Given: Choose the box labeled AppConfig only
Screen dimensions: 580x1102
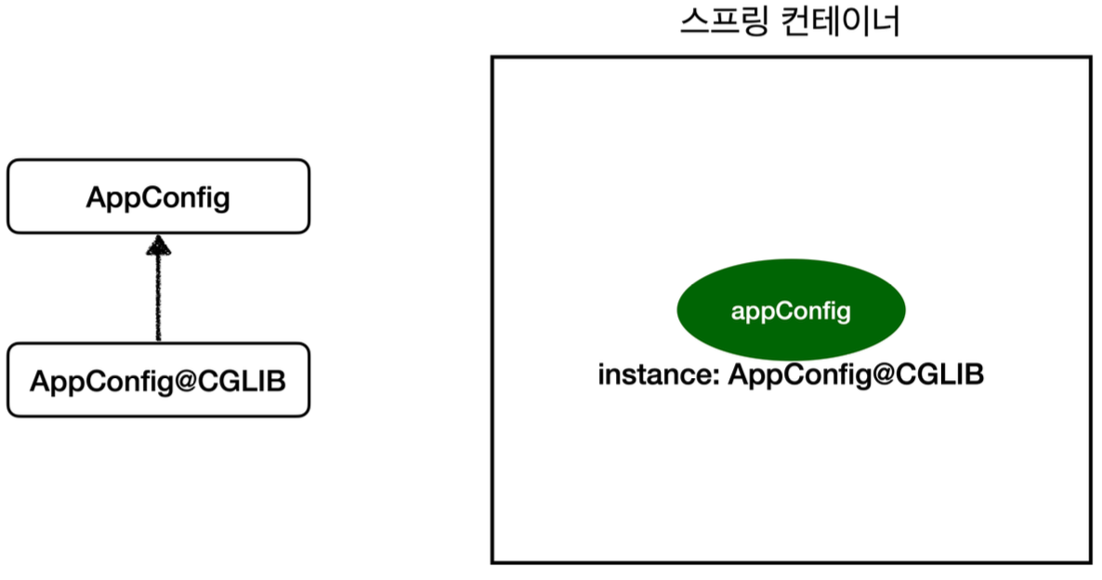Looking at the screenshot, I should [x=158, y=196].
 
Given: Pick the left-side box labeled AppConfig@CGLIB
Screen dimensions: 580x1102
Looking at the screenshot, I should [x=158, y=380].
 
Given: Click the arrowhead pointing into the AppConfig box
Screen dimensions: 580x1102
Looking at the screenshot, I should [x=159, y=244].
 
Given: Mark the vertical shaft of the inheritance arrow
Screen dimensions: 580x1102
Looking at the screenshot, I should [x=159, y=297].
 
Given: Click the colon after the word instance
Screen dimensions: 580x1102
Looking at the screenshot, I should [x=716, y=377].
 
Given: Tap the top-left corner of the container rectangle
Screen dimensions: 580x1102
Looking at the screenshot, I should [x=492, y=58].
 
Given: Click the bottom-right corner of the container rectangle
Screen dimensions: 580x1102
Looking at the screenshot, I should [x=1090, y=561].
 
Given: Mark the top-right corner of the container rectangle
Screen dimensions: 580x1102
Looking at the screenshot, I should [x=1090, y=58].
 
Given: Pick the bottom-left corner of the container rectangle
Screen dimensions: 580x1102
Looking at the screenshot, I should [x=492, y=561].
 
